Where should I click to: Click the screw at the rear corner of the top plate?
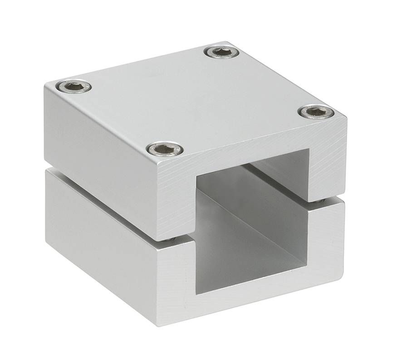coord(221,52)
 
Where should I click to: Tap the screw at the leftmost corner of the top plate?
coord(75,86)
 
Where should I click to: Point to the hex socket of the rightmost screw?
coord(316,111)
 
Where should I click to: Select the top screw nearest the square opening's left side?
coord(165,148)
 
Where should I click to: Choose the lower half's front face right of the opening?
coord(327,240)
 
